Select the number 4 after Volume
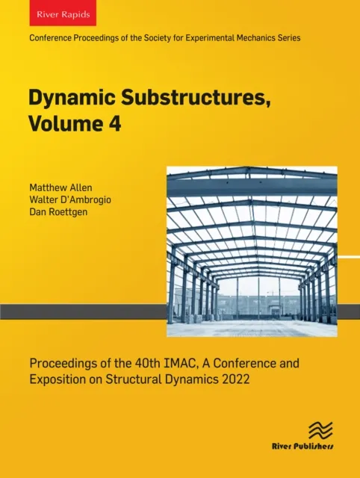pyautogui.click(x=114, y=123)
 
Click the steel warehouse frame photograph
pyautogui.click(x=252, y=252)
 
